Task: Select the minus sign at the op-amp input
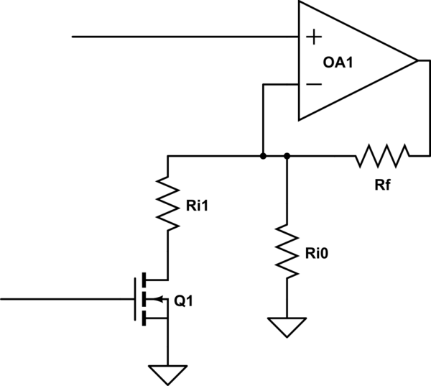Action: [314, 84]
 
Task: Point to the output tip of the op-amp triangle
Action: [417, 60]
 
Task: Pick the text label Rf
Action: [382, 185]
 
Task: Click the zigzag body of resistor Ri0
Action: [287, 252]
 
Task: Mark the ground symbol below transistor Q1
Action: [167, 374]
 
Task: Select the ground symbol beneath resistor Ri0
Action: [287, 327]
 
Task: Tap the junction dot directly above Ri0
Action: [287, 155]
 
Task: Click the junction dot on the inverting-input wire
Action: [264, 155]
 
